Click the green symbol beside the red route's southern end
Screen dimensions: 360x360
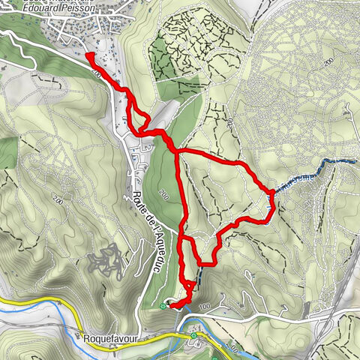pyautogui.click(x=163, y=305)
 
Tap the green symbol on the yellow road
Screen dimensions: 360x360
pyautogui.click(x=193, y=334)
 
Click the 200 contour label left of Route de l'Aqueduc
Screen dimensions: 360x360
pyautogui.click(x=58, y=199)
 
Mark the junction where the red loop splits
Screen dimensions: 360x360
pyautogui.click(x=176, y=154)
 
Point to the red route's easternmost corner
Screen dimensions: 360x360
pyautogui.click(x=271, y=193)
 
